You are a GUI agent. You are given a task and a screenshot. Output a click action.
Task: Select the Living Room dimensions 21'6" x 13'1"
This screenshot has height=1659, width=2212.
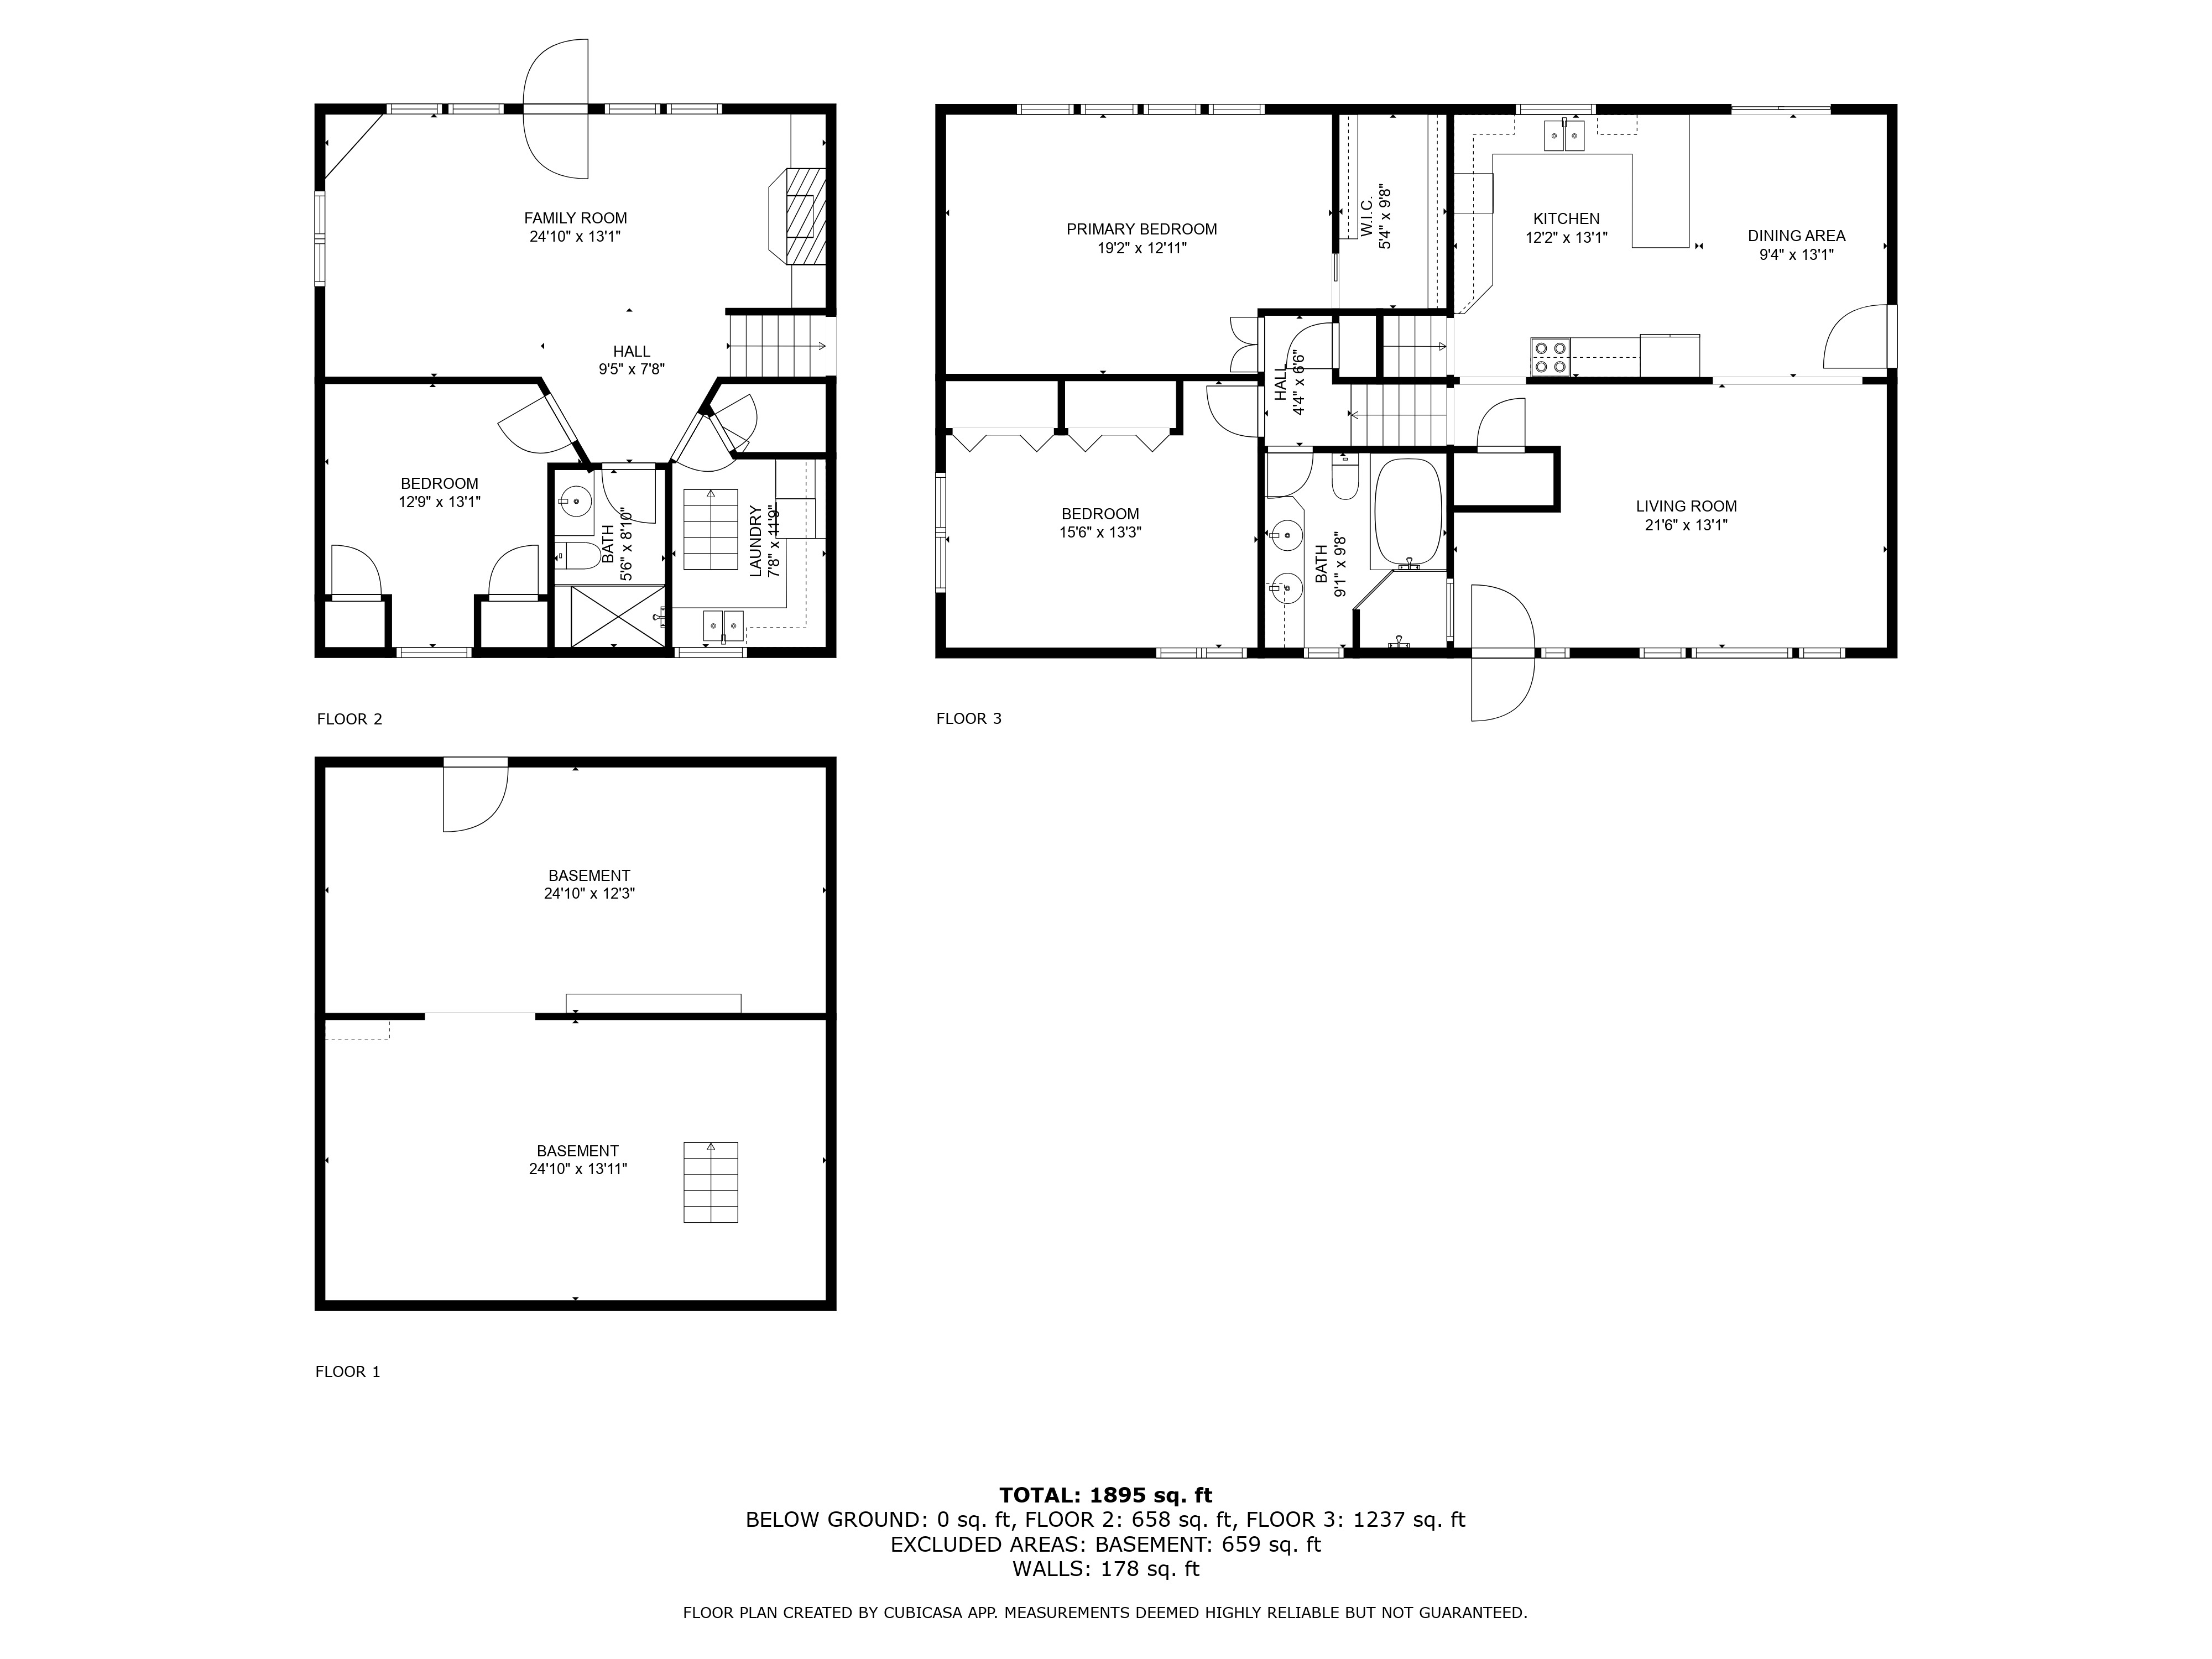click(x=1686, y=525)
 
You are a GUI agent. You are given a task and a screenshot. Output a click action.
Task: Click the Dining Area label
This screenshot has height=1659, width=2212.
click(x=1796, y=236)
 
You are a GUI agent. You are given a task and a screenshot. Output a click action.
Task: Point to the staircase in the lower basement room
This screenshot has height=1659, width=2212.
click(x=711, y=1182)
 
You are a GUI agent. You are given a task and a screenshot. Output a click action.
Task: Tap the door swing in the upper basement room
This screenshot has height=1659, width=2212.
click(x=476, y=798)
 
